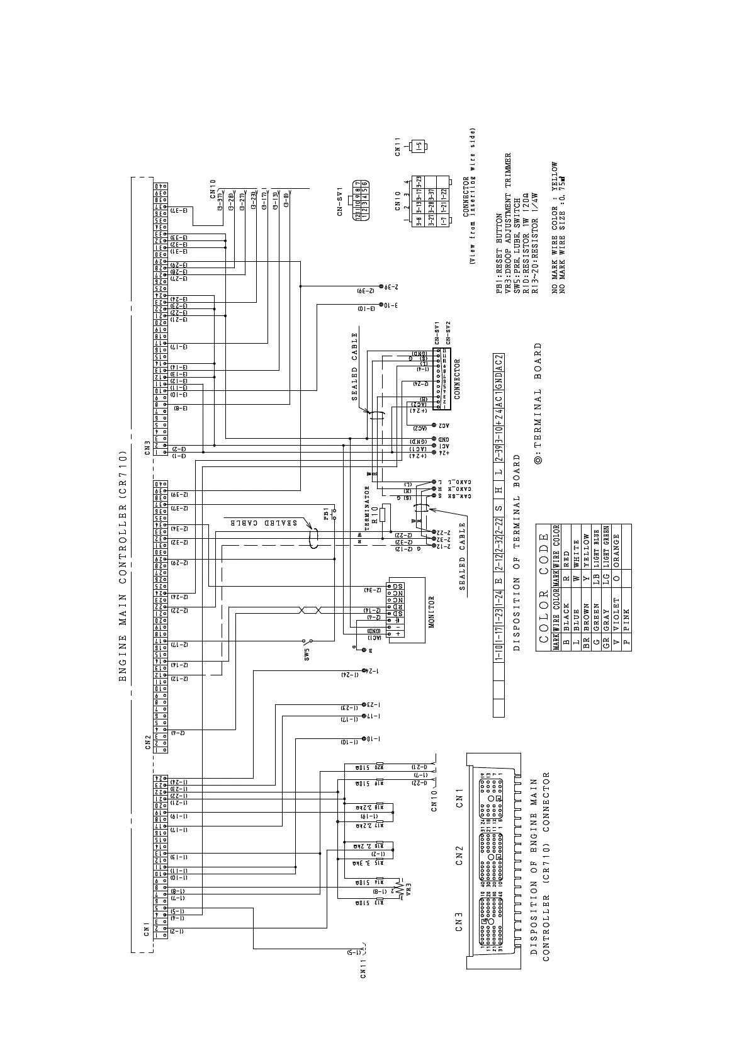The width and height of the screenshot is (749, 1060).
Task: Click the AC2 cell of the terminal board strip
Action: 498,365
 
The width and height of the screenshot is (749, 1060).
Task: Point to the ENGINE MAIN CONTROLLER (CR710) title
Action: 123,567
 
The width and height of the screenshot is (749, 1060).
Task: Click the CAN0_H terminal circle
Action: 434,488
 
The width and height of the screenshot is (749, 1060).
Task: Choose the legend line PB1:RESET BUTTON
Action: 500,251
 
